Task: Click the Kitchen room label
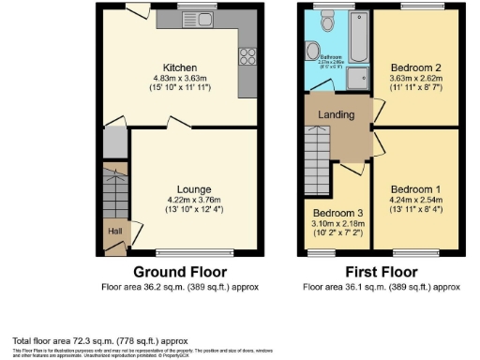pos(180,67)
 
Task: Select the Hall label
pos(113,230)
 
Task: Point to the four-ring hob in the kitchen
pos(248,57)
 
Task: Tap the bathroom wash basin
pos(313,52)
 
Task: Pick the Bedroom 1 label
pos(415,187)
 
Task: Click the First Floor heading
pos(382,273)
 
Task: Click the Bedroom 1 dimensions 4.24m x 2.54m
pos(415,199)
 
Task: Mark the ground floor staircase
pos(114,191)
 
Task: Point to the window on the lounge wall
pos(193,252)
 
